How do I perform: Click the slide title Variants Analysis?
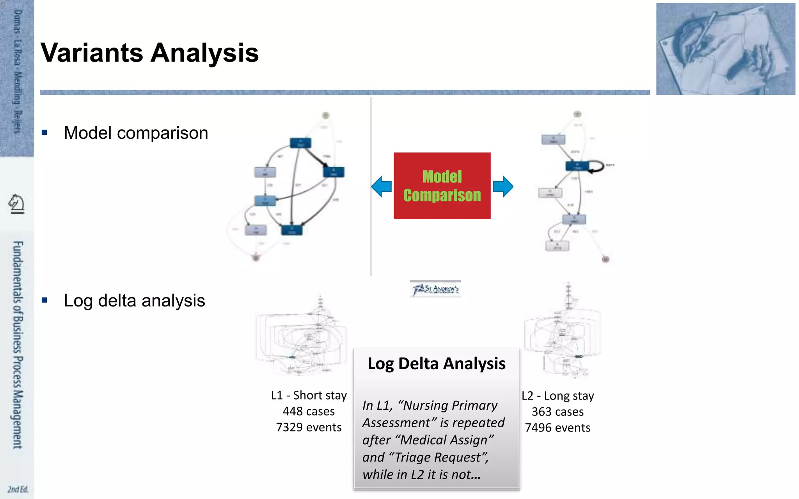tap(149, 53)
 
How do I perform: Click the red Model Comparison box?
tap(442, 186)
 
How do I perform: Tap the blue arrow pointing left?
tap(382, 186)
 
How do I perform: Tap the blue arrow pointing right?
tap(503, 186)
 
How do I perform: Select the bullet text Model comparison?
tap(136, 133)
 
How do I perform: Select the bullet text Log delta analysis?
tap(134, 301)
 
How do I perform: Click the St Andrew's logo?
tap(435, 289)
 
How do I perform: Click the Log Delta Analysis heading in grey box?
tap(436, 363)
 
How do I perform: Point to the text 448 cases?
tap(309, 411)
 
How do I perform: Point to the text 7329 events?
tap(309, 427)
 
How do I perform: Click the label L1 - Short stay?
tap(309, 395)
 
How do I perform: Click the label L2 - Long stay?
tap(558, 396)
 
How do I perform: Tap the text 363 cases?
tap(558, 412)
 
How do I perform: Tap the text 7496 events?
tap(558, 428)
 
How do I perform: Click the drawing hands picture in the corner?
tap(725, 49)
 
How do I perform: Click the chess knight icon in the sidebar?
tap(17, 203)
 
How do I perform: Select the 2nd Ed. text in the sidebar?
tap(18, 489)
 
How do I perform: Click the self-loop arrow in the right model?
tap(597, 166)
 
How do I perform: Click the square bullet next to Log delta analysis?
tap(44, 300)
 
